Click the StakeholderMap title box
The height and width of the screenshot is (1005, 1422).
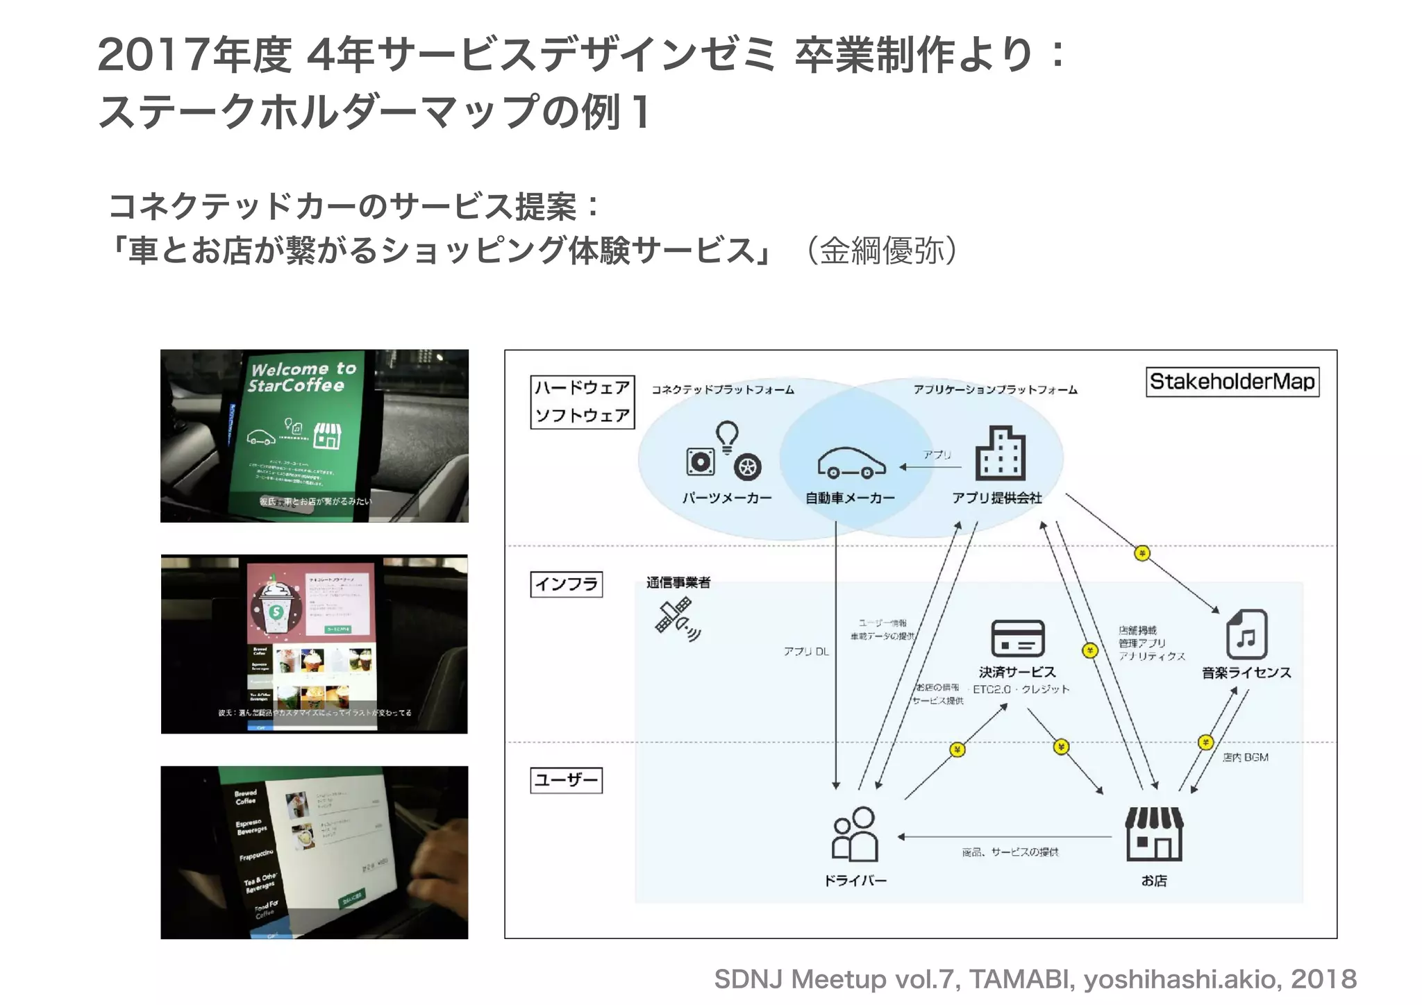[1232, 382]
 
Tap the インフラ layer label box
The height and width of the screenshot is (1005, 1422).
[566, 584]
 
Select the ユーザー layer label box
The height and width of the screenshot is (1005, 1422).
[566, 780]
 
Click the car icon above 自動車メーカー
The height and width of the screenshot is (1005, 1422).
[852, 462]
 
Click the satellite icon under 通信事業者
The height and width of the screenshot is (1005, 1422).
[676, 618]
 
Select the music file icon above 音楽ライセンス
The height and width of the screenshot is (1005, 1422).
[1246, 634]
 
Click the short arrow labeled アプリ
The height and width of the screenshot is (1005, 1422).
[930, 467]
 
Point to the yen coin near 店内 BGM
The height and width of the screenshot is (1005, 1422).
[1205, 743]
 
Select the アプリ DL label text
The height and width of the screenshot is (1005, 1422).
[806, 652]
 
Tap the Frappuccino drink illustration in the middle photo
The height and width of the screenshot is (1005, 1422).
[276, 604]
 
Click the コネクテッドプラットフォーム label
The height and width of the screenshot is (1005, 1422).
[722, 390]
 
